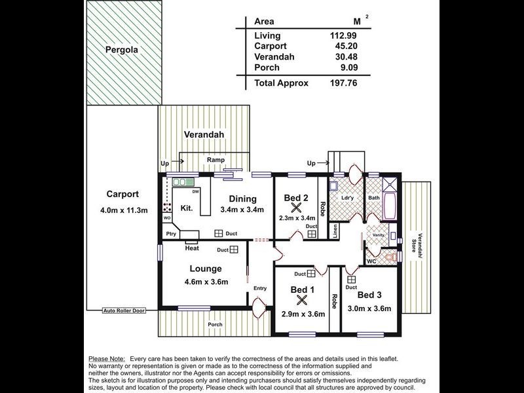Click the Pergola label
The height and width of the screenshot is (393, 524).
pos(124,50)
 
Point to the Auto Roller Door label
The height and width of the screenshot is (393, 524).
pos(124,310)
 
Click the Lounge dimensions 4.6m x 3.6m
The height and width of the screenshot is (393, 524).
pos(206,282)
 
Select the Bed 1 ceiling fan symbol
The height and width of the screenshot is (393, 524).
pos(302,301)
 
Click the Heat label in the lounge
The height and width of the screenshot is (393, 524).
pos(192,248)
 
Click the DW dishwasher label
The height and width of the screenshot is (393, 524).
pos(195,191)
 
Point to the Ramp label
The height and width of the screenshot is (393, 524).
pos(215,160)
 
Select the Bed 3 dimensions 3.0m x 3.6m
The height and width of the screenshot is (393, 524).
pos(369,309)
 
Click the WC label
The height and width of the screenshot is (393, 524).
pos(371,261)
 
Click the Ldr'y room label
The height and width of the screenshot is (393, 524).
pos(348,197)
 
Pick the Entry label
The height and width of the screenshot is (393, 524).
pos(260,288)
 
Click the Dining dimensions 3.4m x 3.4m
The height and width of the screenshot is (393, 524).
pos(241,210)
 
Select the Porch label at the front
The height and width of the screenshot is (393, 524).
pos(215,324)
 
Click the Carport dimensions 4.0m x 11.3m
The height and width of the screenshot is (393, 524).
pos(123,210)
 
